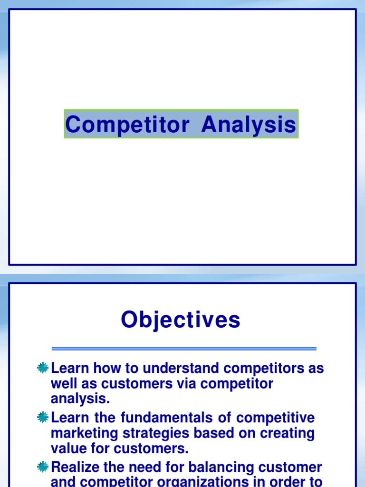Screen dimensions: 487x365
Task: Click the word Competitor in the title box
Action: [x=127, y=125]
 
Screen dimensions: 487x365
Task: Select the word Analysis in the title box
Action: [x=248, y=125]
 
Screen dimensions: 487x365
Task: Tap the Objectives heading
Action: [x=181, y=320]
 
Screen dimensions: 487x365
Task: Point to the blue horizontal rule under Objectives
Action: [x=184, y=349]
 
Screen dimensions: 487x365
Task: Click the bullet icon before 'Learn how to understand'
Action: [x=43, y=368]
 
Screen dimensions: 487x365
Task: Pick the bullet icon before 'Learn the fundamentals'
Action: [x=43, y=418]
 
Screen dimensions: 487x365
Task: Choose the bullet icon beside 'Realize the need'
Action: [x=43, y=467]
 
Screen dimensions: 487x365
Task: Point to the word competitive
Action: [x=276, y=418]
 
